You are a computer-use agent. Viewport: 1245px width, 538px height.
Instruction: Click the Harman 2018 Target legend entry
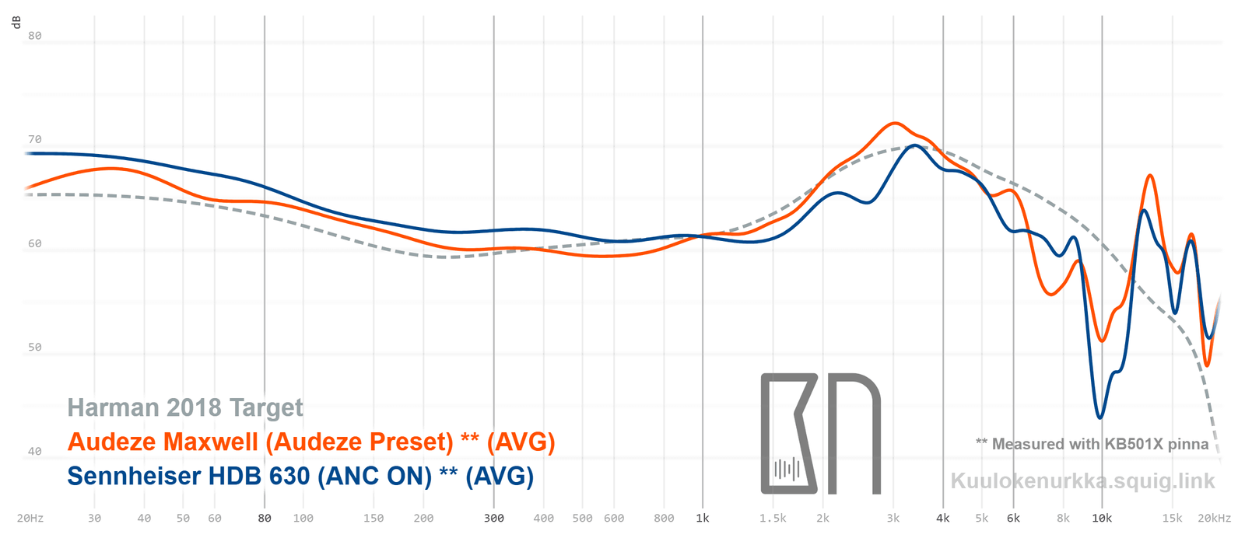(185, 407)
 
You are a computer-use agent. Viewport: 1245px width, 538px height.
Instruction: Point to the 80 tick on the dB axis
(35, 36)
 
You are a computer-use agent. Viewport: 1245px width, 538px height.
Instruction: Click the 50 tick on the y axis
(35, 348)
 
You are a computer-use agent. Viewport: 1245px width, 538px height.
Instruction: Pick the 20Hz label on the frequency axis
(30, 519)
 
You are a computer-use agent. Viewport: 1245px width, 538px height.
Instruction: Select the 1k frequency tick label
(703, 519)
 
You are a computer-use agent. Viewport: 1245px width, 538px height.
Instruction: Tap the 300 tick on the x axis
(494, 519)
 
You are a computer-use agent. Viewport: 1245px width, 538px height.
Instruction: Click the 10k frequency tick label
(1102, 519)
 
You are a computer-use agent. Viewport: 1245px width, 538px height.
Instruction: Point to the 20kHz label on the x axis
(1215, 519)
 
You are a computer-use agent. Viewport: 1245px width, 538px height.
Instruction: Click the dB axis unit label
(16, 22)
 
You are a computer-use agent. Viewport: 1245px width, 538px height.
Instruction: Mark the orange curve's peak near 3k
(895, 123)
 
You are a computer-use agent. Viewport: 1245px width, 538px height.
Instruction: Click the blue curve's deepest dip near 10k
(1099, 417)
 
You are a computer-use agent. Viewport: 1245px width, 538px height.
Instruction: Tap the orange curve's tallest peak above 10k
(1150, 176)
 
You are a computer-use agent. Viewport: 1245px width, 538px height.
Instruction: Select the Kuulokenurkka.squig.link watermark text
(1082, 481)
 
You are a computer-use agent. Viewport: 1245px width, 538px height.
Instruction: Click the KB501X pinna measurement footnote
(1092, 444)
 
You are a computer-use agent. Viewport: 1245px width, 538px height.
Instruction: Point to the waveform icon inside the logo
(787, 469)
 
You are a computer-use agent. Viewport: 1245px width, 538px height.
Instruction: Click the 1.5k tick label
(773, 519)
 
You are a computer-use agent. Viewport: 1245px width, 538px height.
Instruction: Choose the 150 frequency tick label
(373, 519)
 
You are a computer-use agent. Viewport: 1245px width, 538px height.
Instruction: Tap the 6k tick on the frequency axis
(1013, 519)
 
